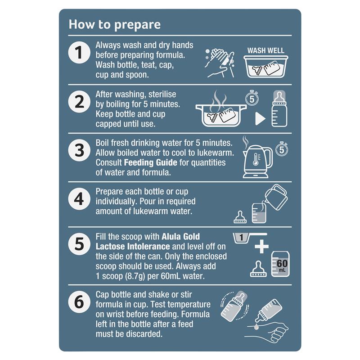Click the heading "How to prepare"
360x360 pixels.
(115, 25)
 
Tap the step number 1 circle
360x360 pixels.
(79, 53)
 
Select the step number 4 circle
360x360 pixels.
(79, 199)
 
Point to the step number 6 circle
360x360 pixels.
(79, 301)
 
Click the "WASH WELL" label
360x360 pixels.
(265, 50)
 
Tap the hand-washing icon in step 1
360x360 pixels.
(220, 63)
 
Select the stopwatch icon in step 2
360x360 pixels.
(252, 98)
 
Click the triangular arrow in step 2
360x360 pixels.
(260, 119)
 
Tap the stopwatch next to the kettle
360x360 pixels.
(282, 149)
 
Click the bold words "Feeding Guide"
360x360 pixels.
(150, 163)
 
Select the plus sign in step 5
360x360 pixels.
(262, 247)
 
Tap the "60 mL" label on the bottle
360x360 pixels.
(282, 265)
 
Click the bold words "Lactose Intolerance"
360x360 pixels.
(133, 247)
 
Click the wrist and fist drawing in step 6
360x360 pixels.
(267, 332)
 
